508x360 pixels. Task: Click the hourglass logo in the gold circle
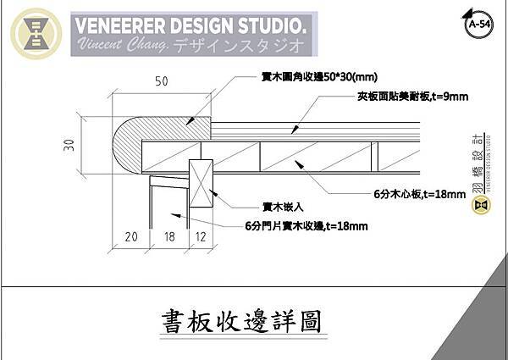click(x=36, y=35)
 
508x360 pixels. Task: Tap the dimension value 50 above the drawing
click(x=160, y=81)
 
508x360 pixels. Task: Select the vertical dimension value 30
click(x=68, y=145)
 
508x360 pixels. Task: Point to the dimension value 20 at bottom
click(x=131, y=238)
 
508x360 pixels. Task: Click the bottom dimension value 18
click(x=168, y=238)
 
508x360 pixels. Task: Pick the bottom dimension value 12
click(x=200, y=238)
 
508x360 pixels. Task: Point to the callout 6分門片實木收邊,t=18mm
click(x=306, y=225)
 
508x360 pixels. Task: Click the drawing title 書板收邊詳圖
click(x=242, y=322)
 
